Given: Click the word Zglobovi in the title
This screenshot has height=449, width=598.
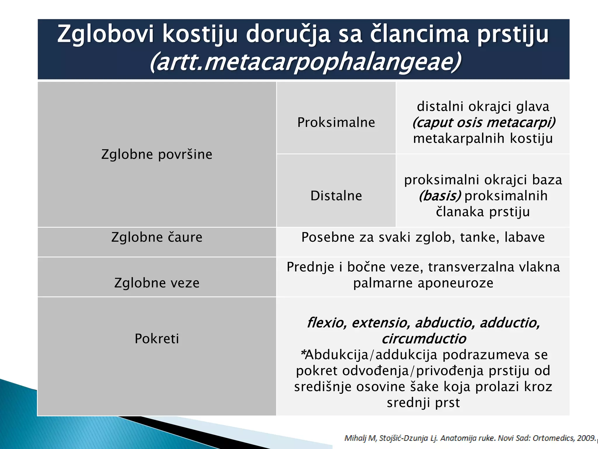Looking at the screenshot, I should (x=105, y=34).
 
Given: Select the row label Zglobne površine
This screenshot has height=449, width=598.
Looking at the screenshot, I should (x=157, y=154).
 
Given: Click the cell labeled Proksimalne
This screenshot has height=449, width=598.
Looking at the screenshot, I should (x=336, y=122).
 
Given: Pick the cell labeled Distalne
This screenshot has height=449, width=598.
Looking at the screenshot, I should (x=336, y=196).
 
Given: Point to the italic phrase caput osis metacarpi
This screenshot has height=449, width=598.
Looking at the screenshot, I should (x=484, y=122).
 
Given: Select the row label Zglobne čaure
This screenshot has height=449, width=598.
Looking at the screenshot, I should (x=157, y=237).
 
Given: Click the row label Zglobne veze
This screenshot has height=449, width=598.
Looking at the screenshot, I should (x=157, y=283).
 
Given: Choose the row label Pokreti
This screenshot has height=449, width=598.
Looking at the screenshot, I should (x=157, y=339).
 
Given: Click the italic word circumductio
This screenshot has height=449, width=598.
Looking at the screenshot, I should (x=424, y=339).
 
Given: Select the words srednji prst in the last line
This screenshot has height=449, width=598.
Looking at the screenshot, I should (x=423, y=403).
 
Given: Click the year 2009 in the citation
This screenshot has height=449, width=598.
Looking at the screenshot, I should (x=587, y=438).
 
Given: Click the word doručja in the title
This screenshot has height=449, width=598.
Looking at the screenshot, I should (x=288, y=34).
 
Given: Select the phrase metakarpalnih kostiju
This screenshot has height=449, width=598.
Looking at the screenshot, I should (x=483, y=138).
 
